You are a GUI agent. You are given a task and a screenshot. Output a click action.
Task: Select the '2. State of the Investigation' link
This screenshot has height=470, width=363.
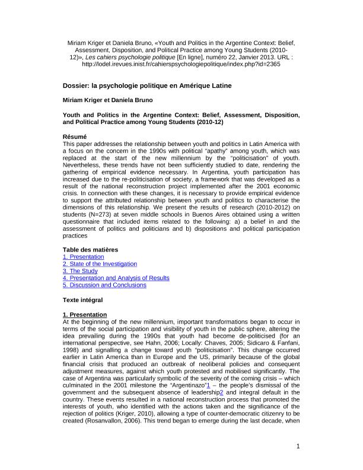tap(100, 263)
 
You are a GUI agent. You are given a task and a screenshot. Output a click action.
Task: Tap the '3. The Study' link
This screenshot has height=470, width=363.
tap(81, 271)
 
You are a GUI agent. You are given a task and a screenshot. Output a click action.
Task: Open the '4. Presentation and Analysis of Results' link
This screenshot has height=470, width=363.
tap(116, 278)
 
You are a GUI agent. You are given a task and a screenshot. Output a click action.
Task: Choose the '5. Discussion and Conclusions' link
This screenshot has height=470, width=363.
tap(104, 285)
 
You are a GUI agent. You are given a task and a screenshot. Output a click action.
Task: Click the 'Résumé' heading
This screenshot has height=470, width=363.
tap(75, 136)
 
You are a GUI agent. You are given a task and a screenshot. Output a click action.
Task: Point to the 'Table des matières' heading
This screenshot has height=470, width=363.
tap(91, 249)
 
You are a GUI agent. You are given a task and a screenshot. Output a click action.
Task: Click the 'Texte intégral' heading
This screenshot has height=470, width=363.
tap(84, 300)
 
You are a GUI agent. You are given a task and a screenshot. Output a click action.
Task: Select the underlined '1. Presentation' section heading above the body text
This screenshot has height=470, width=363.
tap(85, 314)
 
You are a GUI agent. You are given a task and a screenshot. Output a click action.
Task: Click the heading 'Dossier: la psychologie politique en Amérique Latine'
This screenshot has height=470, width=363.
tap(147, 86)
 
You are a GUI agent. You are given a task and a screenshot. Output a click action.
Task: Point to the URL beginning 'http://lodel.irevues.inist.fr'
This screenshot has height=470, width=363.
tap(181, 64)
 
